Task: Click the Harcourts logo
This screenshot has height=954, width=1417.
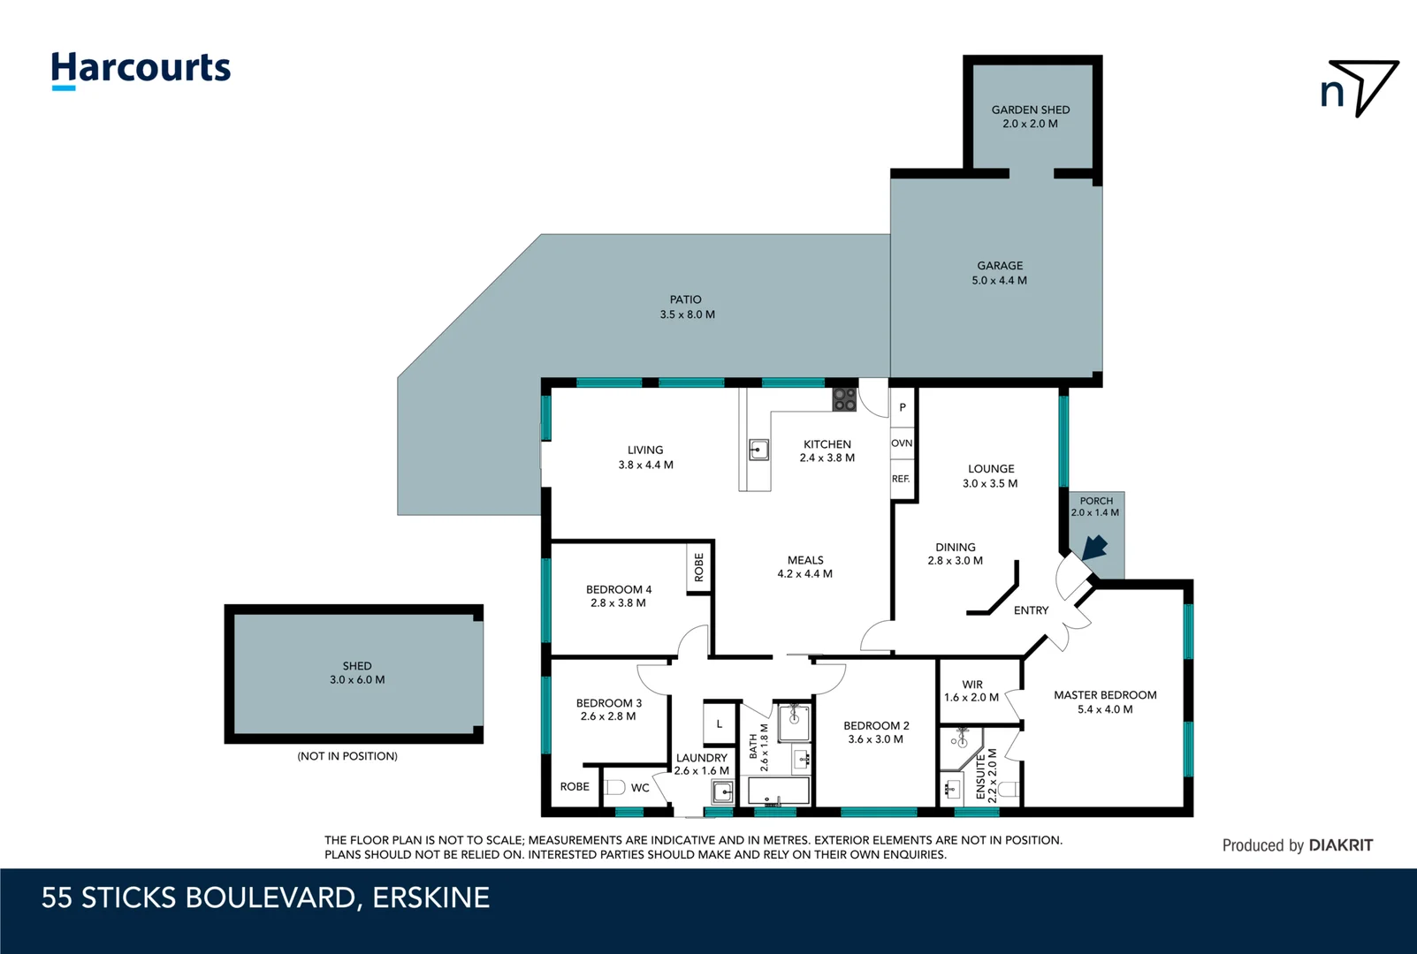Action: (x=141, y=69)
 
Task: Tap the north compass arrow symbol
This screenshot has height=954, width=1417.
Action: (x=1361, y=87)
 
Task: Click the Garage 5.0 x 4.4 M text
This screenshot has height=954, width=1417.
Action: (x=999, y=273)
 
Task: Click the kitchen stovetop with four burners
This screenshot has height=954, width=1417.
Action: (x=844, y=399)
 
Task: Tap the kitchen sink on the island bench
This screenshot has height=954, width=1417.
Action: (x=758, y=450)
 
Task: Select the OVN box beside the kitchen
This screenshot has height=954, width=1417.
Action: (x=902, y=443)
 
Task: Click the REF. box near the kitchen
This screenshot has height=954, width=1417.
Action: (x=901, y=479)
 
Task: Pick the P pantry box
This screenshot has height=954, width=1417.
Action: (x=903, y=407)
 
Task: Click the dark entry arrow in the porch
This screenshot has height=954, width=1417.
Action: (x=1094, y=547)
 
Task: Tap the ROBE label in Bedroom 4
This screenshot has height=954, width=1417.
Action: (x=699, y=567)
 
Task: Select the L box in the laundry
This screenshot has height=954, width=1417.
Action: (x=720, y=723)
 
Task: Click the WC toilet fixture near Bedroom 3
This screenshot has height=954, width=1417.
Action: (x=616, y=787)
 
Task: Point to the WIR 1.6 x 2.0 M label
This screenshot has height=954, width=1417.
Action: (x=971, y=691)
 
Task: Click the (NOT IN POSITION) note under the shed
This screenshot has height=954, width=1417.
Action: (x=347, y=756)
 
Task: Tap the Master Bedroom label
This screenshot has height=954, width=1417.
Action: (x=1105, y=702)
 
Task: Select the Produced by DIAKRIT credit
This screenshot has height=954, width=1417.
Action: (x=1297, y=845)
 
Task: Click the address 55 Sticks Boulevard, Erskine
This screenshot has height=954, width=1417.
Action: (x=265, y=897)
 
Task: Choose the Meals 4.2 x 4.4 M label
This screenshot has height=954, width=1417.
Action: (x=805, y=567)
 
